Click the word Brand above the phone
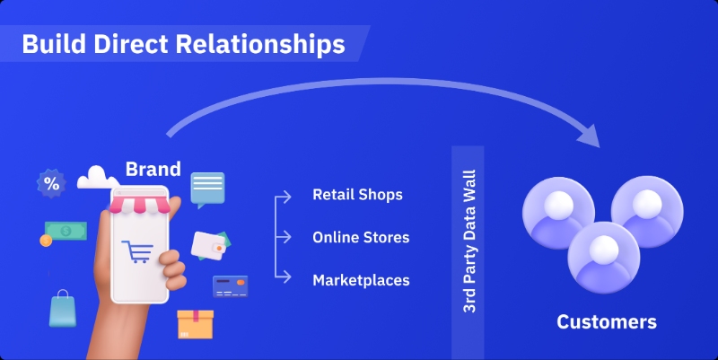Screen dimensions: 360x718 pyautogui.click(x=153, y=169)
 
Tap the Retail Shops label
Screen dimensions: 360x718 pyautogui.click(x=357, y=195)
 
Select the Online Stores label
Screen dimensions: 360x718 pyautogui.click(x=361, y=238)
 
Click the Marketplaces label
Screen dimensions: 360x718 pyautogui.click(x=361, y=281)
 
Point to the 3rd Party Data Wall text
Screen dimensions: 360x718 pyautogui.click(x=468, y=241)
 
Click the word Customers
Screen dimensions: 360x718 pyautogui.click(x=607, y=321)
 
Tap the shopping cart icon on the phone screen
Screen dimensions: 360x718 pyautogui.click(x=138, y=254)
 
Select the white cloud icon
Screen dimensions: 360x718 pyautogui.click(x=97, y=177)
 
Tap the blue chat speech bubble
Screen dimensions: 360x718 pyautogui.click(x=207, y=189)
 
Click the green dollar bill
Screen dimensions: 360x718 pyautogui.click(x=66, y=231)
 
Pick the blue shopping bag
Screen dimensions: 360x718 pyautogui.click(x=63, y=308)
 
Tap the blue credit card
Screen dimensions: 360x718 pyautogui.click(x=230, y=286)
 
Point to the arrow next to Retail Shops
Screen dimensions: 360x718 pyautogui.click(x=285, y=195)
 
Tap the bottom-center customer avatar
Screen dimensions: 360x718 pyautogui.click(x=601, y=255)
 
